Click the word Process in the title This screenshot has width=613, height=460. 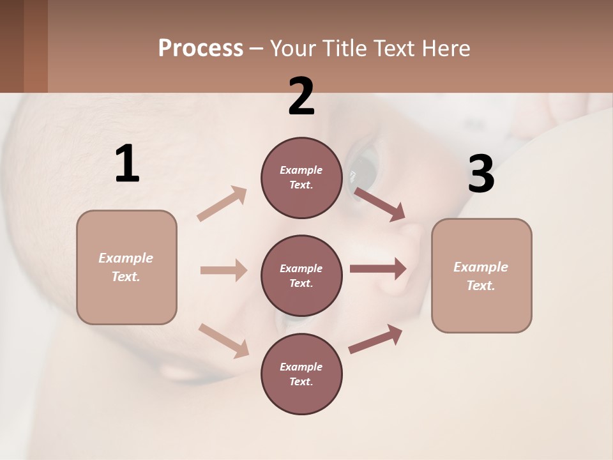(x=201, y=49)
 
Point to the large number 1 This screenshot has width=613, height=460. (x=127, y=164)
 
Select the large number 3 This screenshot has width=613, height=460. (x=481, y=174)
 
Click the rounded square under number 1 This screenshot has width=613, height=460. (x=126, y=267)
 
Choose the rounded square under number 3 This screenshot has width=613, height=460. (x=481, y=276)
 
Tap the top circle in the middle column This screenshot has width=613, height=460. (x=301, y=178)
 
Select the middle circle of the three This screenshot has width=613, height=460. (x=301, y=275)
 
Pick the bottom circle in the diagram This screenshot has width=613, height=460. (x=301, y=374)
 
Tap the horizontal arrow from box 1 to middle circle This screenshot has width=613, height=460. (x=223, y=270)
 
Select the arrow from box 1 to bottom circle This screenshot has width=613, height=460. (x=223, y=340)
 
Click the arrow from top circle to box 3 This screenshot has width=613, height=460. (x=379, y=204)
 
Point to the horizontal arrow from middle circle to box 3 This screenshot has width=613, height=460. (x=378, y=269)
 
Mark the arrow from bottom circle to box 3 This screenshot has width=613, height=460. (x=375, y=339)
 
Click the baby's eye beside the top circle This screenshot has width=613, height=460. (x=364, y=167)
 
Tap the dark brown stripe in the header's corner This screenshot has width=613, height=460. (x=11, y=46)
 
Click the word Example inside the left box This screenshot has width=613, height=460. (x=126, y=258)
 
